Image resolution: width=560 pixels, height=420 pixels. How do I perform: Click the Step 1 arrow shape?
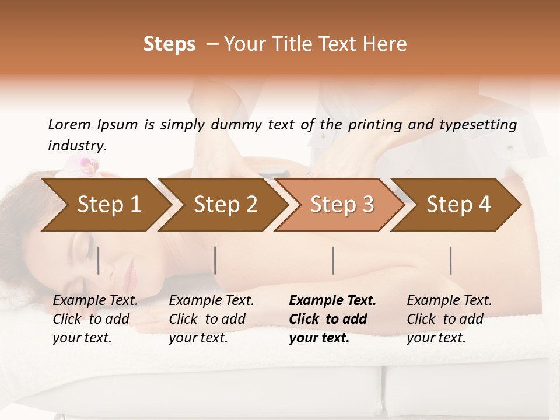105,205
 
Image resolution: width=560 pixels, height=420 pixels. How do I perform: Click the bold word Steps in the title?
169,44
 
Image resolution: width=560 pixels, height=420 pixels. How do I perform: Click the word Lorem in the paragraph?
69,124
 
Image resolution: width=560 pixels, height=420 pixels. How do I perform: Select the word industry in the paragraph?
76,146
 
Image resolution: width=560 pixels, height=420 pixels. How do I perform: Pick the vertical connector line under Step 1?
98,260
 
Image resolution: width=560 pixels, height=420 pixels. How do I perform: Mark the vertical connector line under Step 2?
215,260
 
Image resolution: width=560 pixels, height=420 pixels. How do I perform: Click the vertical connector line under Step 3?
332,260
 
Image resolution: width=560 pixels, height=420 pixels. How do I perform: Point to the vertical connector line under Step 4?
451,260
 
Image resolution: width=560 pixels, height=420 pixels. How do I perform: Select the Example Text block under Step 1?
95,319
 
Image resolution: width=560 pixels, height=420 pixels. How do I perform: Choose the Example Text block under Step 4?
449,319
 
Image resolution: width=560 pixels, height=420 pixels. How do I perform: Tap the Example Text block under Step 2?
211,319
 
